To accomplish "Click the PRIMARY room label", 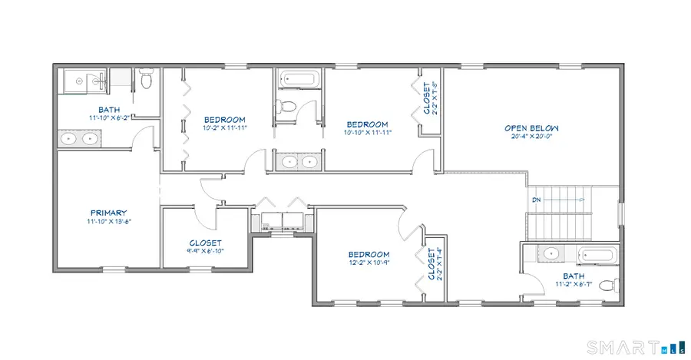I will pos(108,213).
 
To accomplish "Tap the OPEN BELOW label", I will pos(531,128).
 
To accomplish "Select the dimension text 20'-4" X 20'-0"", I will pos(531,138).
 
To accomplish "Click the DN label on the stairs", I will pos(535,201).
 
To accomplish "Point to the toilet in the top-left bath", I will pos(147,79).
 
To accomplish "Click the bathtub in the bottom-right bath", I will pos(597,256).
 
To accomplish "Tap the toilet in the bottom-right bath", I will pos(608,286).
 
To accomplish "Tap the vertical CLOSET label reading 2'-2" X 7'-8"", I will pos(430,98).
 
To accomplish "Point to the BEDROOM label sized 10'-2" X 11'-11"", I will pos(224,120).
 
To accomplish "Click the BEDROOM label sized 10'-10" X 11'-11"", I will pos(367,124).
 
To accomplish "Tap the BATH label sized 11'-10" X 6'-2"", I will pos(109,109).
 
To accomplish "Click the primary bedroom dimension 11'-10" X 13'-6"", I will pos(108,222).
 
